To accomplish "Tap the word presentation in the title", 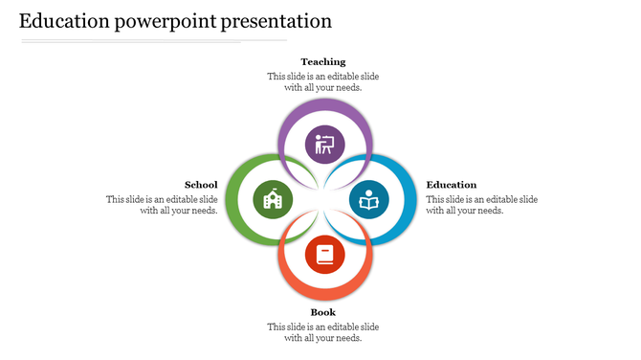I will pyautogui.click(x=276, y=20).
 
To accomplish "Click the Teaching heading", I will pyautogui.click(x=323, y=62).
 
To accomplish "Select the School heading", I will pyautogui.click(x=201, y=185).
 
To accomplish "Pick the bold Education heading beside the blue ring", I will pyautogui.click(x=452, y=185).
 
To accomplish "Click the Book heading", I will pyautogui.click(x=323, y=312).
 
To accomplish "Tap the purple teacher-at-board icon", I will pyautogui.click(x=324, y=145).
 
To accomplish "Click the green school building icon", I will pyautogui.click(x=272, y=200).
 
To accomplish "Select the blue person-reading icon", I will pyautogui.click(x=368, y=200).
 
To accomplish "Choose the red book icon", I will pyautogui.click(x=324, y=256).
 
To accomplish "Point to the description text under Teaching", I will pyautogui.click(x=323, y=81).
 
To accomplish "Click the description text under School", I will pyautogui.click(x=162, y=205).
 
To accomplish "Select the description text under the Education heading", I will pyautogui.click(x=481, y=205).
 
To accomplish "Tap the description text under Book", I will pyautogui.click(x=323, y=332).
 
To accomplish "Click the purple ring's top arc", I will pyautogui.click(x=324, y=105).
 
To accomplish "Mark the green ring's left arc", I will pyautogui.click(x=231, y=200).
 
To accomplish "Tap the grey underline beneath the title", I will pyautogui.click(x=153, y=41).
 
